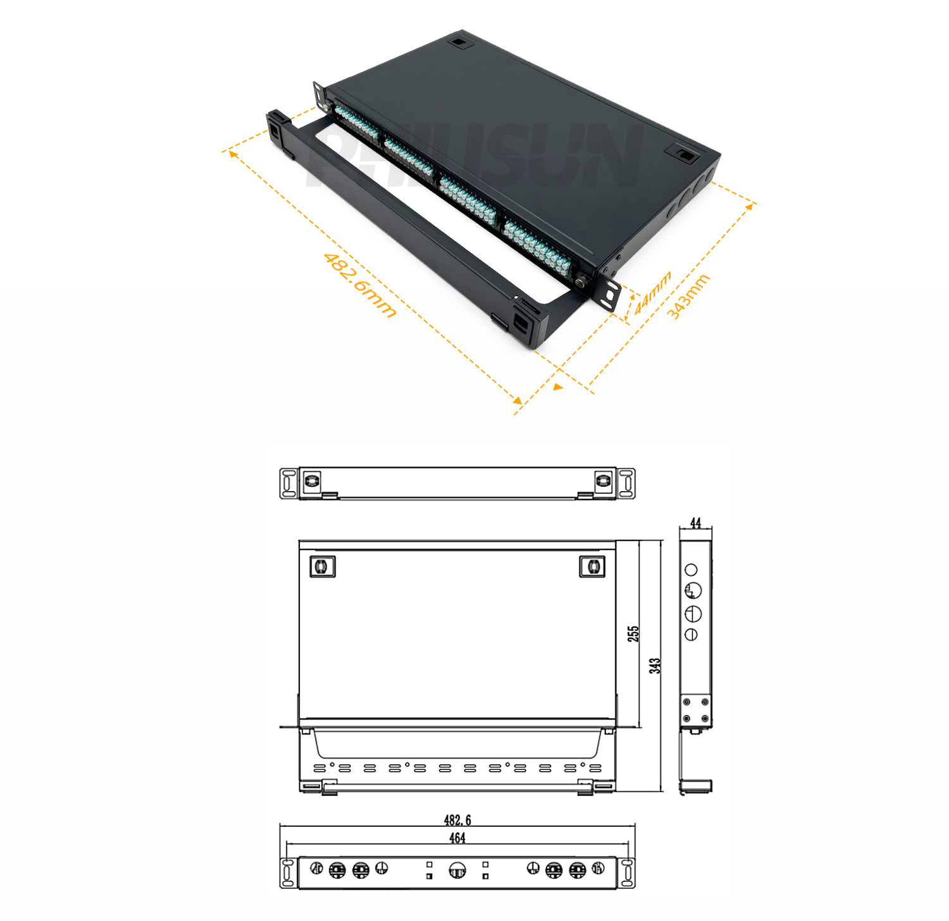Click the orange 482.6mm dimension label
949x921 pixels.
pyautogui.click(x=360, y=285)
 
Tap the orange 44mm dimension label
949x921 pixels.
pyautogui.click(x=652, y=293)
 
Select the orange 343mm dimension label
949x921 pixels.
pyautogui.click(x=688, y=296)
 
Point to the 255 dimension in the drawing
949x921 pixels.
pyautogui.click(x=633, y=634)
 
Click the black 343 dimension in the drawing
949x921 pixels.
pyautogui.click(x=655, y=666)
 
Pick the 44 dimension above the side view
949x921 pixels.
pyautogui.click(x=696, y=523)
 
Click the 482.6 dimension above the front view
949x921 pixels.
pyautogui.click(x=457, y=820)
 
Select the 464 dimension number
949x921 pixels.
pyautogui.click(x=457, y=838)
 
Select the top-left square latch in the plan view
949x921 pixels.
pyautogui.click(x=322, y=566)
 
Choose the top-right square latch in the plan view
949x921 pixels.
pyautogui.click(x=592, y=566)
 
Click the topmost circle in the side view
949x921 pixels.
pyautogui.click(x=692, y=570)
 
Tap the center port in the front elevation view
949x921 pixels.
pyautogui.click(x=457, y=871)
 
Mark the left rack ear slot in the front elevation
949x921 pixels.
pyautogui.click(x=288, y=873)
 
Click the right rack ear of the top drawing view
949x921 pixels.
pyautogui.click(x=626, y=484)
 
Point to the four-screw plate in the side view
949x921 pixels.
pyautogui.click(x=696, y=710)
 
